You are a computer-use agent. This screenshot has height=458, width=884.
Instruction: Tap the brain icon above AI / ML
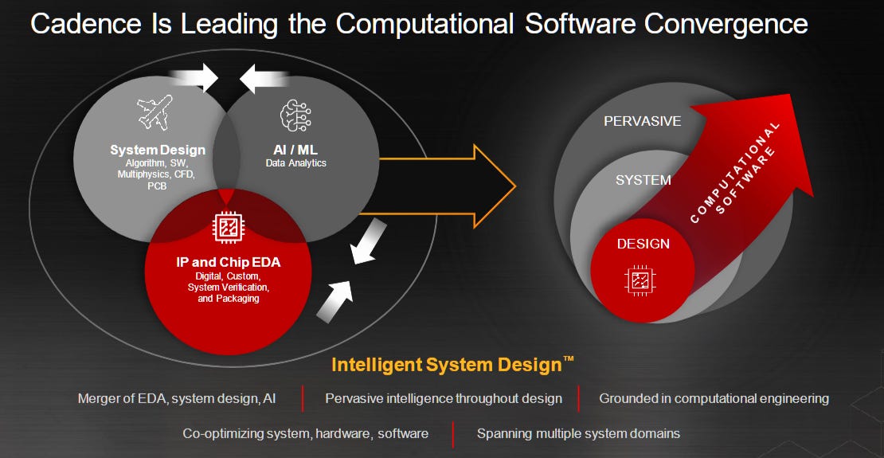tap(295, 116)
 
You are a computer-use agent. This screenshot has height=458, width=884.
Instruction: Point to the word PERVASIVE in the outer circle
tap(642, 122)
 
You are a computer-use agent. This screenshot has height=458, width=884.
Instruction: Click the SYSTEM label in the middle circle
tap(643, 180)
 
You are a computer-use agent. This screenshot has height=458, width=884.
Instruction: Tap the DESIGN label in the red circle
tap(643, 244)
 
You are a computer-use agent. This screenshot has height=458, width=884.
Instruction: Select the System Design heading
tap(158, 150)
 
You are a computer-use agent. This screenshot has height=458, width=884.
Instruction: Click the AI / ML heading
tap(295, 150)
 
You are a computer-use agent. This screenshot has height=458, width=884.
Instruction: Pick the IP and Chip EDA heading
tap(228, 261)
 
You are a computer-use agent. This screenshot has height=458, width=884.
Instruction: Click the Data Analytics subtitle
tap(295, 163)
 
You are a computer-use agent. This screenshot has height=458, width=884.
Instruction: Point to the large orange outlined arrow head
tap(493, 186)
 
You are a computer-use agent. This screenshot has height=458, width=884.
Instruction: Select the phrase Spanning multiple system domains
tap(578, 433)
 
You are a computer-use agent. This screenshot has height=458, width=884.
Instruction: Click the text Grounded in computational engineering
tap(714, 398)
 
